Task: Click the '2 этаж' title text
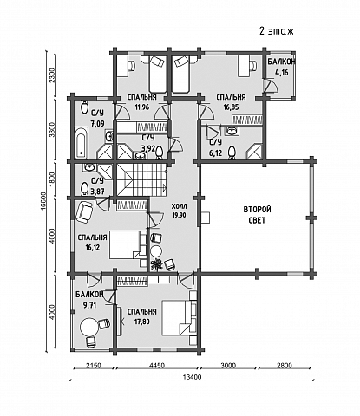tap(277, 31)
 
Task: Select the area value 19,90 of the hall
tap(179, 215)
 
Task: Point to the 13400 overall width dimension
tap(192, 377)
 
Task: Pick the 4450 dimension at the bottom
tap(157, 366)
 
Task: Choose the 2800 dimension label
tap(285, 366)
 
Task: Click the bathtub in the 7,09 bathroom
tap(82, 142)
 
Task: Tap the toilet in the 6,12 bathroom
tap(232, 152)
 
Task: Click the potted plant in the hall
tap(156, 264)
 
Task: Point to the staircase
tap(142, 179)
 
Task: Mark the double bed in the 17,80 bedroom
tap(176, 318)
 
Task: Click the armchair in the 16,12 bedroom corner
tap(84, 212)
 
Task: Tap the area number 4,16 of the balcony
tap(281, 72)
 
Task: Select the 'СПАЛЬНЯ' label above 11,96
tap(142, 97)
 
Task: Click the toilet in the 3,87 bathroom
tap(84, 188)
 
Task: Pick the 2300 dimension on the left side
tap(51, 75)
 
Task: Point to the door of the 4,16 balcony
tap(270, 86)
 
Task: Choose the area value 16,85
tap(231, 107)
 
